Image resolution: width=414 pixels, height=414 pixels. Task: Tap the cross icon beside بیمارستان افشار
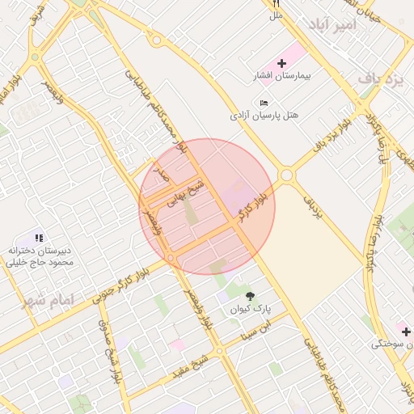[x=282, y=63]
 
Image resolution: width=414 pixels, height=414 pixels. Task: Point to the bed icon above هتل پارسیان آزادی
[x=264, y=103]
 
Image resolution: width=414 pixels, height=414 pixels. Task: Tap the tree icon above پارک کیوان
[x=249, y=296]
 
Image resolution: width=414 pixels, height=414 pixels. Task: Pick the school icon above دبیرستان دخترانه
[x=39, y=238]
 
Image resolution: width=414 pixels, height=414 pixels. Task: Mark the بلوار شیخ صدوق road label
[x=108, y=353]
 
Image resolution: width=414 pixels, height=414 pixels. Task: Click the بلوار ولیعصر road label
[x=200, y=307]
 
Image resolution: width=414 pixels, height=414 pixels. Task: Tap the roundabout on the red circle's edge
[x=171, y=258]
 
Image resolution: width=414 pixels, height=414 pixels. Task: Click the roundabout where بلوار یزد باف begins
[x=286, y=174]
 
